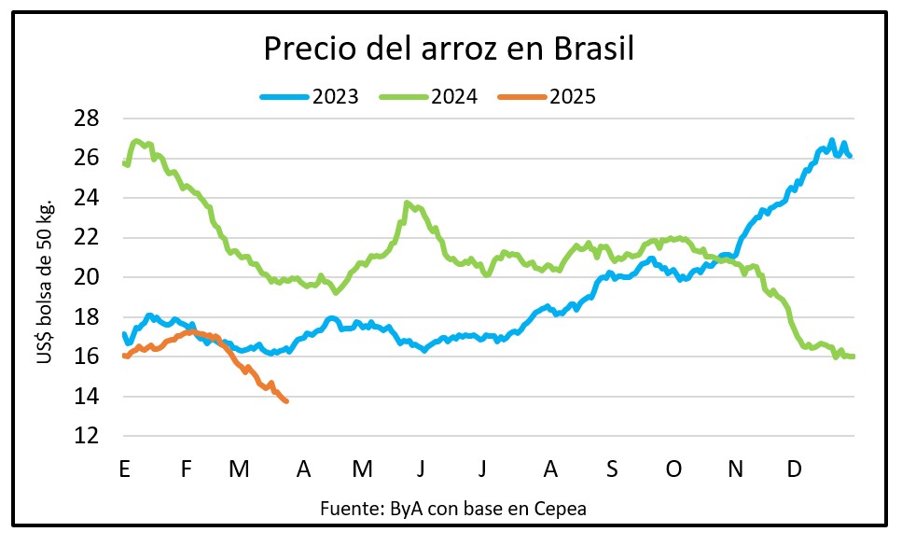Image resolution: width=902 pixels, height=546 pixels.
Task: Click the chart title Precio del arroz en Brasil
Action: [x=449, y=49]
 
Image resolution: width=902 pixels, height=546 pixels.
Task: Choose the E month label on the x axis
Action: [x=124, y=469]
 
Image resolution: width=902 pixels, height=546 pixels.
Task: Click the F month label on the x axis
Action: [x=187, y=469]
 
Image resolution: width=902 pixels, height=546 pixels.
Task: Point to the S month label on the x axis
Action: [x=612, y=469]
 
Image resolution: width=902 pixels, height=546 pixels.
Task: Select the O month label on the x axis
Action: [x=673, y=469]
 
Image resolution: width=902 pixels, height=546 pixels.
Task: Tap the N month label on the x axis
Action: [x=735, y=469]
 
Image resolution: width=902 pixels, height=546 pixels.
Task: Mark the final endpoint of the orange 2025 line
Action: [x=285, y=401]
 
